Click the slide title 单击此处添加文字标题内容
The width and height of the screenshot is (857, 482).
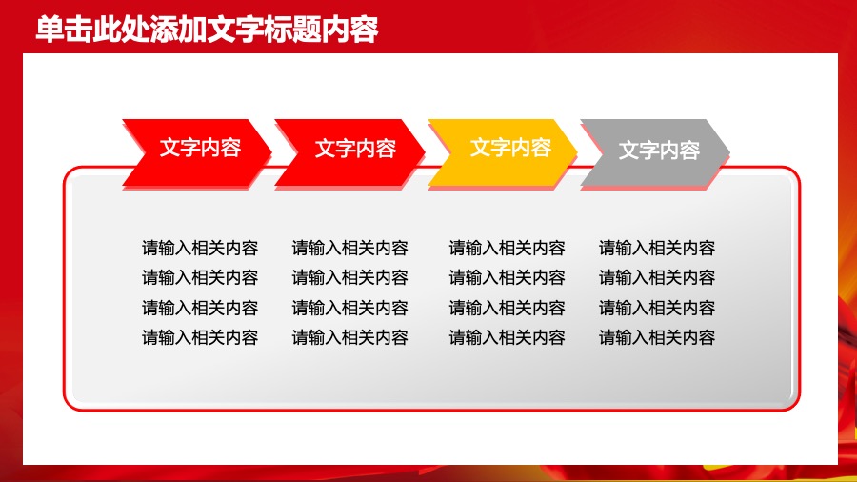point(207,30)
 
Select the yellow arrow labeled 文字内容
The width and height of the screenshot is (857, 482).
point(505,149)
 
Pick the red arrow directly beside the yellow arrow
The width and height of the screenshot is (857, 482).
point(351,149)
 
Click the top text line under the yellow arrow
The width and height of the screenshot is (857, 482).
point(507,249)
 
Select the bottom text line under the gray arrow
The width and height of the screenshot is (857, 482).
point(656,337)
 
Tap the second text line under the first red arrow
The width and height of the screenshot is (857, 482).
point(200,278)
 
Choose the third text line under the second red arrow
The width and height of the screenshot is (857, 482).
point(349,308)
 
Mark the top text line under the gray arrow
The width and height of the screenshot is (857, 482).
point(656,249)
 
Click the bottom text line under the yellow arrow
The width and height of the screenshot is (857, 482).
point(507,337)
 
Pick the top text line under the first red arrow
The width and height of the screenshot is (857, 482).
point(200,249)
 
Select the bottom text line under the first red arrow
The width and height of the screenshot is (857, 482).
point(200,337)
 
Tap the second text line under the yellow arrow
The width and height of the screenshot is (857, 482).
point(507,278)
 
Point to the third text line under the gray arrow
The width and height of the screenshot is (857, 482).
point(656,308)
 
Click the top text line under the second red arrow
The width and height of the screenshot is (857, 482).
point(349,249)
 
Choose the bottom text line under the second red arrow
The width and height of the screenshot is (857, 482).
point(349,337)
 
